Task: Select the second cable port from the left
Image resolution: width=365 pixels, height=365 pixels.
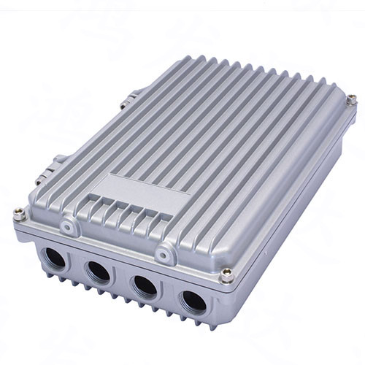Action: tap(99, 272)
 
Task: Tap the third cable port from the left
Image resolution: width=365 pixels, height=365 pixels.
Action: tap(146, 285)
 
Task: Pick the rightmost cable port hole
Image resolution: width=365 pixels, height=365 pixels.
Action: tap(193, 300)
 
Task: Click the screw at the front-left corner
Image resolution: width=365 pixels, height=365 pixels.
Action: tap(19, 214)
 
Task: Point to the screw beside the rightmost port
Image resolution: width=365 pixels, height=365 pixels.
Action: tap(227, 275)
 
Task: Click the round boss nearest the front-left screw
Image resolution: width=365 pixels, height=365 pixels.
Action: tap(68, 228)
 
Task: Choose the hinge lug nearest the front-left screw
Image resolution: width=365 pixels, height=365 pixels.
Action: tap(58, 159)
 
